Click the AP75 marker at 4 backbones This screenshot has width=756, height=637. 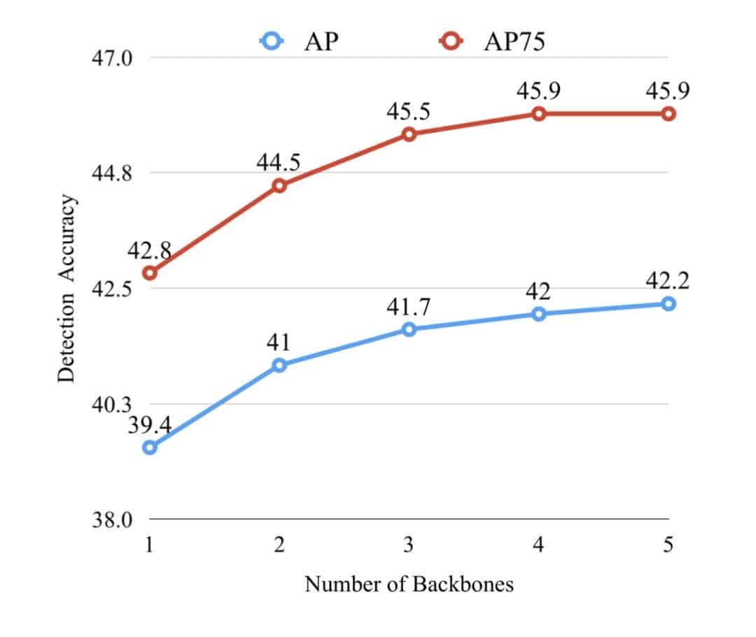(538, 113)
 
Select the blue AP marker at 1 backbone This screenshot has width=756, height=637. (149, 448)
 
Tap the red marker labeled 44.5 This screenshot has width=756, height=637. (279, 185)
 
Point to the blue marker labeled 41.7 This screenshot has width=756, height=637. (409, 329)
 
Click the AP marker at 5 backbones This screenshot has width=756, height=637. (668, 303)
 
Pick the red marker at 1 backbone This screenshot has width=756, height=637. (149, 273)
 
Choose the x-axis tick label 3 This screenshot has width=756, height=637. (409, 545)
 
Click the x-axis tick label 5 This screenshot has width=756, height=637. (668, 545)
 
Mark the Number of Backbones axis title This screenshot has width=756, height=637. (409, 584)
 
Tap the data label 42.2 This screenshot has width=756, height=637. (668, 280)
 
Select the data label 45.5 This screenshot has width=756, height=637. (408, 111)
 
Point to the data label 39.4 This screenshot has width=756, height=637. (149, 424)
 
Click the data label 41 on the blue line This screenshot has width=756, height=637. (278, 342)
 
